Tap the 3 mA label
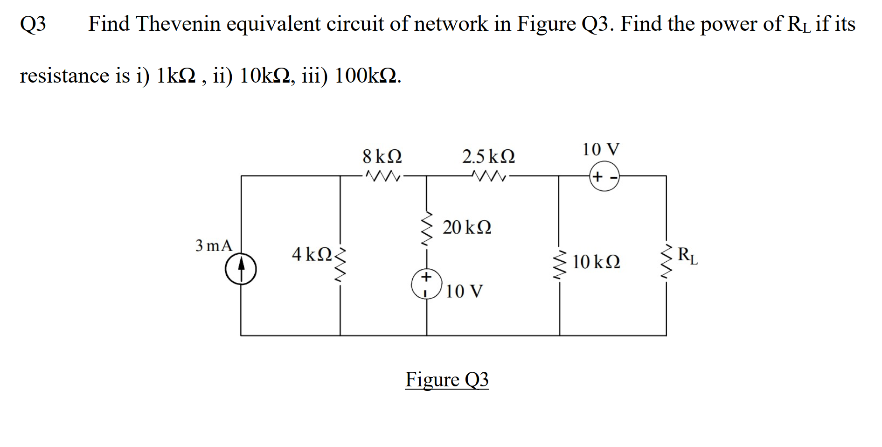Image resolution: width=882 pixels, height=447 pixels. pyautogui.click(x=214, y=245)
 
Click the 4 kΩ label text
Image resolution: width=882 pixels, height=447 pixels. pyautogui.click(x=312, y=255)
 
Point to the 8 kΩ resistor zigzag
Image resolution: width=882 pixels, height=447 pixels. pyautogui.click(x=382, y=176)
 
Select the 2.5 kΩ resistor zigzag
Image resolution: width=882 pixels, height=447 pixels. pyautogui.click(x=488, y=176)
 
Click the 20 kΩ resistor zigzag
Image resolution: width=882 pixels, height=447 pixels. pyautogui.click(x=426, y=228)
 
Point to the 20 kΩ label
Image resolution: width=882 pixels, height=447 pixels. pyautogui.click(x=466, y=228)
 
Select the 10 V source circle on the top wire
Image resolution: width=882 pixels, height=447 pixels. pyautogui.click(x=604, y=177)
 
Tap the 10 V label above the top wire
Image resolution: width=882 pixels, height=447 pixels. pyautogui.click(x=601, y=150)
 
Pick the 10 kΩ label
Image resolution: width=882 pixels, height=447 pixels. pyautogui.click(x=596, y=262)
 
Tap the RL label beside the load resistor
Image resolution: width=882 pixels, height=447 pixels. pyautogui.click(x=688, y=256)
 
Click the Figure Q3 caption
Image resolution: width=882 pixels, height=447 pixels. pyautogui.click(x=447, y=379)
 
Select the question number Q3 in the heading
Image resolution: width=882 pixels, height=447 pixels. pyautogui.click(x=33, y=24)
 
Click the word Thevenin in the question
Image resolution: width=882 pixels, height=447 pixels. pyautogui.click(x=178, y=24)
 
